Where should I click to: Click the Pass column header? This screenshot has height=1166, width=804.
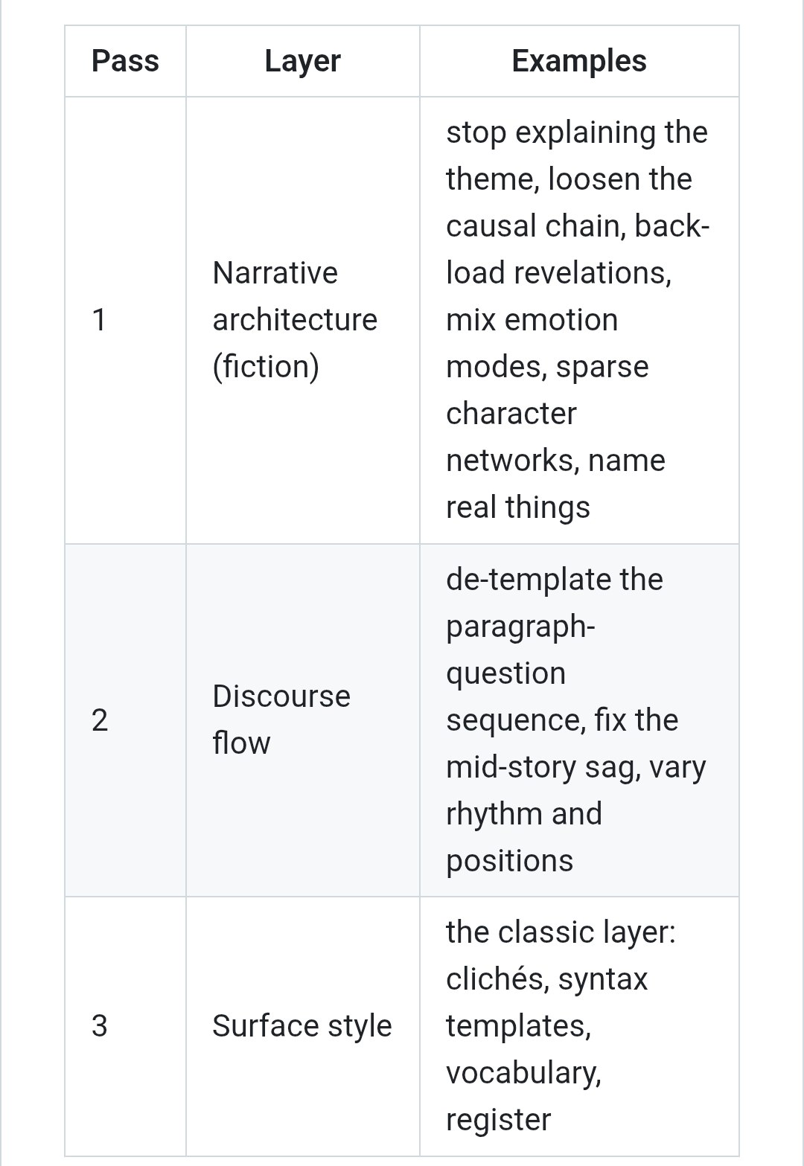pos(125,61)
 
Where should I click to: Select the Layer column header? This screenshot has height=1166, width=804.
pos(302,62)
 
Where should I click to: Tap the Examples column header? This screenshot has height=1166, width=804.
pos(579,62)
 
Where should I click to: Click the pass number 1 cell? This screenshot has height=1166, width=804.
pos(99,320)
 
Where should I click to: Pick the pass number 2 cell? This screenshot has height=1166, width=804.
pos(100,720)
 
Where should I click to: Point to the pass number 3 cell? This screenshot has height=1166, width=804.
pos(100,1025)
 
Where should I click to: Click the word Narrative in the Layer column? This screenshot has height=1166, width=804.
pos(275,273)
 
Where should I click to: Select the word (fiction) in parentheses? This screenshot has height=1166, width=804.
pos(266,367)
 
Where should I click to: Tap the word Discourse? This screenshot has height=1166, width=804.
pos(281,696)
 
